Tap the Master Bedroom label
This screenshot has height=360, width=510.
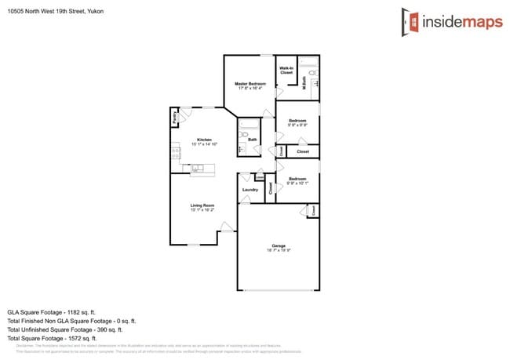[250, 84]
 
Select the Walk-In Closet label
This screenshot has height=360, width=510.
[286, 71]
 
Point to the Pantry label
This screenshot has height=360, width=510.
[174, 118]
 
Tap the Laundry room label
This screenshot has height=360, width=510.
[250, 190]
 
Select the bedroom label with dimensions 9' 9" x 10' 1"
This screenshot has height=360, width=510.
[297, 180]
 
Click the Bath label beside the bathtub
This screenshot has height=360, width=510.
[253, 140]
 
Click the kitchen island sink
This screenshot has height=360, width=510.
[197, 167]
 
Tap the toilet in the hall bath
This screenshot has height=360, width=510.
[244, 136]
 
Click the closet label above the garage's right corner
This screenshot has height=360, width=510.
[313, 210]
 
